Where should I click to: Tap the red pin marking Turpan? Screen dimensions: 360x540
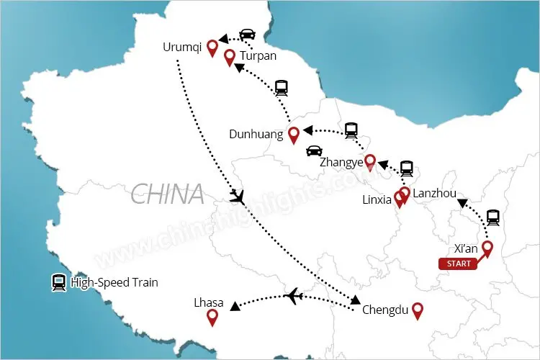[230, 58]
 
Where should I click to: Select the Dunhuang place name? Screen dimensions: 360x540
[257, 134]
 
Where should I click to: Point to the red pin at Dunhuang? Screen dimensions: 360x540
[293, 135]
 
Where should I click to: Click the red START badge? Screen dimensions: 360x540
[459, 264]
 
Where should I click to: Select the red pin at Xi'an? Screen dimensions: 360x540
[487, 249]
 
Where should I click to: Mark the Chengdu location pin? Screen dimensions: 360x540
[416, 310]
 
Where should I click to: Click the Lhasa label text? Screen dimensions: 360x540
[209, 302]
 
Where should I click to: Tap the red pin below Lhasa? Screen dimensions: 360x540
[212, 318]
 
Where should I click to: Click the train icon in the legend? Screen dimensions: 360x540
[58, 283]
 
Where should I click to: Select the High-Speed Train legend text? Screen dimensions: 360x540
[114, 283]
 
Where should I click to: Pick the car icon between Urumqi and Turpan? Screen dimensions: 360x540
[247, 35]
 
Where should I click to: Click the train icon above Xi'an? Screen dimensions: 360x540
[493, 217]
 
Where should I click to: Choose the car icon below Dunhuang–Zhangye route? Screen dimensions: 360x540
[314, 151]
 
